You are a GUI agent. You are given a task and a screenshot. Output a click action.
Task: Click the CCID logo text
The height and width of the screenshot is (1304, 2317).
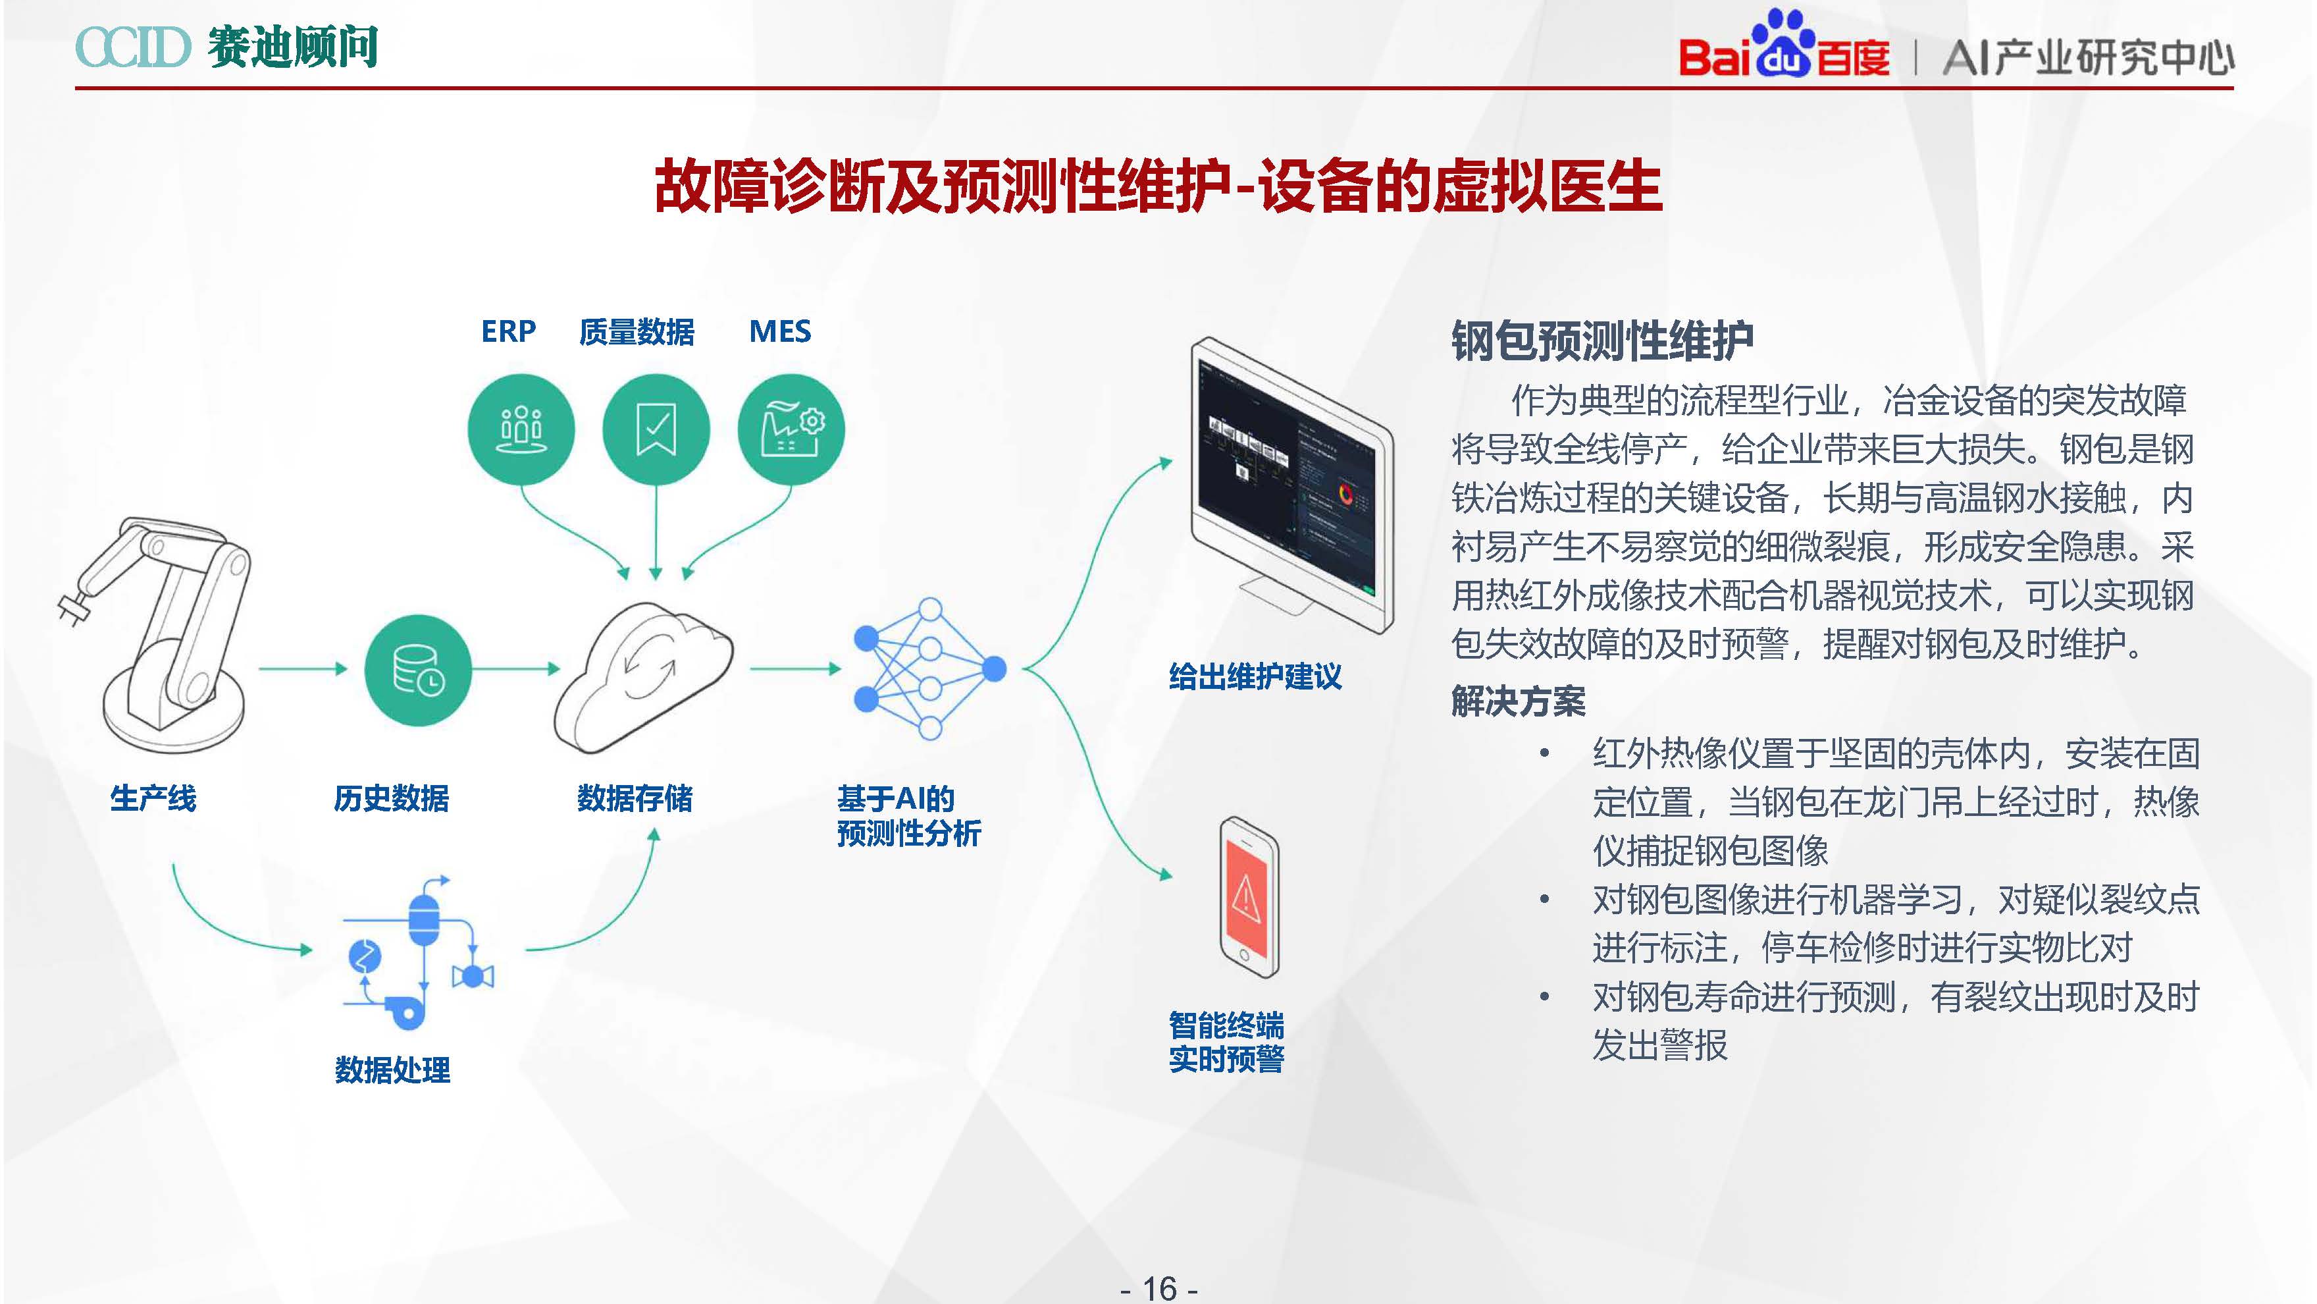(x=133, y=47)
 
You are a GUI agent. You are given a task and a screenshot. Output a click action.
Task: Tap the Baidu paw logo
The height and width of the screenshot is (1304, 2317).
(x=1784, y=43)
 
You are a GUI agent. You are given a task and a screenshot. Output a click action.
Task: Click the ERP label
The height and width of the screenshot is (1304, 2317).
(x=508, y=331)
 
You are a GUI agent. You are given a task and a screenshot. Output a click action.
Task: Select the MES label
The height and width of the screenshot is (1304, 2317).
(x=780, y=331)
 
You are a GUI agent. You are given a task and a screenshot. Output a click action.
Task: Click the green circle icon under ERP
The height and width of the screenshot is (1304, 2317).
(x=521, y=429)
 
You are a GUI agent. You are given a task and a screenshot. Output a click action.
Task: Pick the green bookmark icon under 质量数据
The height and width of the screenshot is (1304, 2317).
(x=656, y=429)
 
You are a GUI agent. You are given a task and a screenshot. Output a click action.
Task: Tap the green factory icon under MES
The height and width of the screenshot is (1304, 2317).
(x=791, y=429)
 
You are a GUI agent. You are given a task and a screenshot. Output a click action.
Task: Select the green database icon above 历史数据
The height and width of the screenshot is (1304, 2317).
(x=418, y=670)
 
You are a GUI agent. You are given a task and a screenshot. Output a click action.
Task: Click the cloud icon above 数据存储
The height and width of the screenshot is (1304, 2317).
(x=644, y=675)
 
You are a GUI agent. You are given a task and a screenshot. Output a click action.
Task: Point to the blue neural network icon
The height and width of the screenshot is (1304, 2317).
(x=930, y=668)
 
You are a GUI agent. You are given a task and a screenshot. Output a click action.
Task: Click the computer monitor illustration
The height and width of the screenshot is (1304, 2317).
(x=1291, y=481)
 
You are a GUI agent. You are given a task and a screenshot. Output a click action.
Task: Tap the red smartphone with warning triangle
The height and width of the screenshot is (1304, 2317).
(x=1249, y=896)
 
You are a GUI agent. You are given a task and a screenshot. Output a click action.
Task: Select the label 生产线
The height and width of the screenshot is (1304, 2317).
(x=153, y=798)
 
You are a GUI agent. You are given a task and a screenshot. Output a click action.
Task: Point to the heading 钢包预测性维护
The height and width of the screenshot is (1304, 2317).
(x=1602, y=341)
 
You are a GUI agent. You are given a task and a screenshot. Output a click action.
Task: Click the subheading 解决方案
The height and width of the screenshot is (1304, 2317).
(x=1519, y=701)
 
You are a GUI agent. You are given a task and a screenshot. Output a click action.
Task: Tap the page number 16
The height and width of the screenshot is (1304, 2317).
(x=1159, y=1288)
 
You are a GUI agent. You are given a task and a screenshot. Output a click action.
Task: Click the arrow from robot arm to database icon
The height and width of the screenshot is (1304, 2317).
(x=302, y=668)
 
